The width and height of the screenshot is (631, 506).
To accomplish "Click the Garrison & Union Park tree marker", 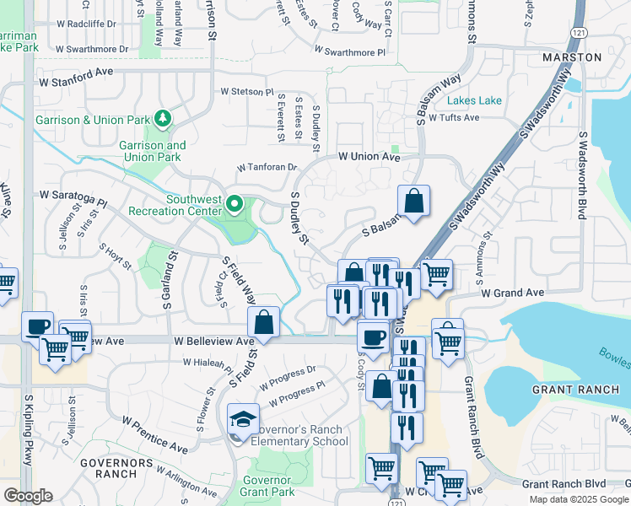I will [x=161, y=120].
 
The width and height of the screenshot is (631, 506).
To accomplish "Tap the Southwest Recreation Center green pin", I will [x=236, y=204].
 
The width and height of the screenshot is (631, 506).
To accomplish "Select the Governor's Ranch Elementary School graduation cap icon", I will [x=240, y=418].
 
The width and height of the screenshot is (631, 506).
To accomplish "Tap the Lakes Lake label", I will [x=474, y=100].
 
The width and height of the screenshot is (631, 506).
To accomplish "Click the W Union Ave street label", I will [x=369, y=157].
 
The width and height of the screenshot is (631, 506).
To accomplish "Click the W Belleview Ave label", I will [x=214, y=342].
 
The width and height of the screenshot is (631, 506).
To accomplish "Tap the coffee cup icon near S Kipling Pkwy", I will [x=37, y=326].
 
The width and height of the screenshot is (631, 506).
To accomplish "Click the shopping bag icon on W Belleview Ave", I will [x=264, y=321].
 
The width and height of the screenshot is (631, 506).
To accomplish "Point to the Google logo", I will [x=28, y=496].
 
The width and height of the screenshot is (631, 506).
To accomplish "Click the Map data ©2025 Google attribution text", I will [x=579, y=499].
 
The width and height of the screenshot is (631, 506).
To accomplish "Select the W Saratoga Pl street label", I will [x=73, y=199].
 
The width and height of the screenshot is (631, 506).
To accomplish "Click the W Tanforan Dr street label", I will [x=267, y=168].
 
